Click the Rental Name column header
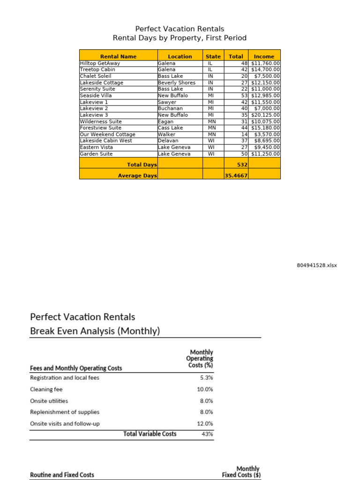coord(118,56)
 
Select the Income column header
coord(264,56)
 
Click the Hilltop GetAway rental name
coord(100,63)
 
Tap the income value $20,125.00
coord(265,115)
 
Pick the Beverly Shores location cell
coord(177,82)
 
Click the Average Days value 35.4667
coord(236,176)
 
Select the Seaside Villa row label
coord(96,96)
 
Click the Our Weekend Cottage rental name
coord(107,135)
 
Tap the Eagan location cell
coord(166,121)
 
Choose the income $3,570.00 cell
coord(267,135)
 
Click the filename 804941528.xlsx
coord(316,265)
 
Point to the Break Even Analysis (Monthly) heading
coord(95,331)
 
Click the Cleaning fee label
coord(46,389)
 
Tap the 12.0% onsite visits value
coord(205,424)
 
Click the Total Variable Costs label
coord(150,434)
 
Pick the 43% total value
coord(207,434)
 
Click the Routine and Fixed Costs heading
coord(62,475)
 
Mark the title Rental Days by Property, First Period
coord(180,38)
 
